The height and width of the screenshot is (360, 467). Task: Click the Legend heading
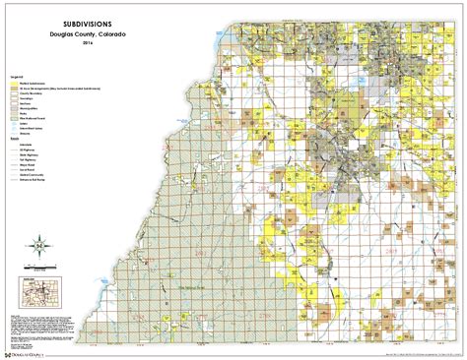tap(16, 76)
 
